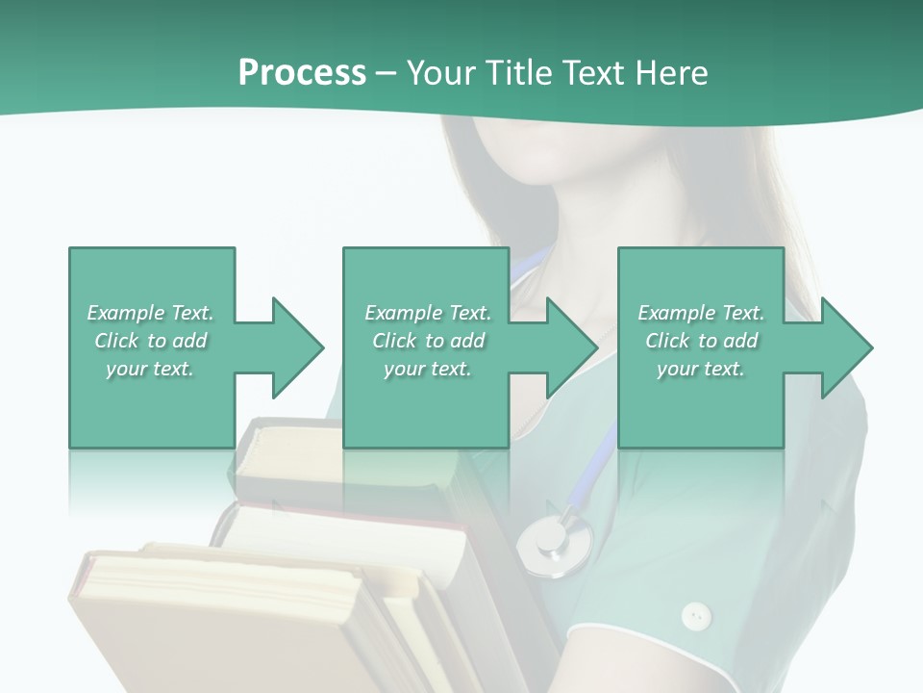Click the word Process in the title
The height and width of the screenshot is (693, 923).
[x=302, y=72]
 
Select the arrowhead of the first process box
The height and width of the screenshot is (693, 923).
[x=297, y=347]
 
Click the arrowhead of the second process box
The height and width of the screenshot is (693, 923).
[x=572, y=347]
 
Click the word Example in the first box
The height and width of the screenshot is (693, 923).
[x=125, y=313]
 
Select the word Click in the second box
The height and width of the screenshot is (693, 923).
[x=393, y=341]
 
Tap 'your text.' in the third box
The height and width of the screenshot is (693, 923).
[x=700, y=369]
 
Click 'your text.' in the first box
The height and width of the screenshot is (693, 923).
[x=150, y=369]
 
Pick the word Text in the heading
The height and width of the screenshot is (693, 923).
[x=593, y=72]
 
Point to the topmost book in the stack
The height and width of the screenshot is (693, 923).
[x=288, y=452]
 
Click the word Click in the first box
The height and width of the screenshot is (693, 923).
[x=115, y=341]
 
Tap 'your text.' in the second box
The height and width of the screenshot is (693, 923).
[x=427, y=369]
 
